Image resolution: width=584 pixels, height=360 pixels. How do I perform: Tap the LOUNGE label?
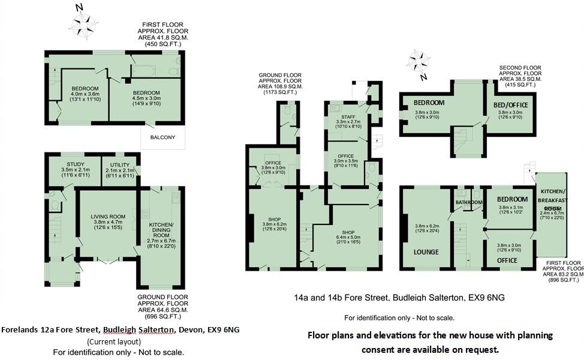tap(426, 252)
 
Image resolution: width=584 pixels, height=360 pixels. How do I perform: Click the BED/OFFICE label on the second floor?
tap(510, 105)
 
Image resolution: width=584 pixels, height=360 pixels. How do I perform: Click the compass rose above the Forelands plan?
tap(84, 23)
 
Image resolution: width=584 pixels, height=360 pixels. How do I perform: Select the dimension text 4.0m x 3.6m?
tap(85, 94)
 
